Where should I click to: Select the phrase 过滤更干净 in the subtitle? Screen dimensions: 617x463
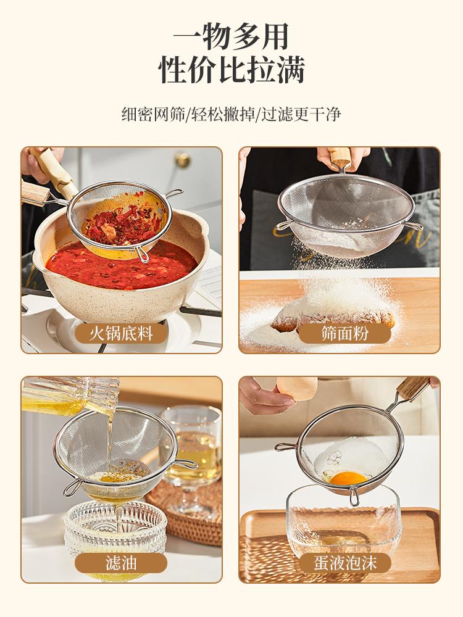point(302,114)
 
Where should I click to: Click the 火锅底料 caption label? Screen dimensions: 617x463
point(121,334)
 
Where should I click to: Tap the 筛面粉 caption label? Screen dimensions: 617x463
point(339,334)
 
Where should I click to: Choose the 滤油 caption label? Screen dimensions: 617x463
point(121,563)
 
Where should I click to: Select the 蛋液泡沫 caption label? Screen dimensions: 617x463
point(339,563)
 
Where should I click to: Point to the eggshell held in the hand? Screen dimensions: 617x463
point(296,392)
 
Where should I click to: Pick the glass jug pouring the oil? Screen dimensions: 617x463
point(68,395)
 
